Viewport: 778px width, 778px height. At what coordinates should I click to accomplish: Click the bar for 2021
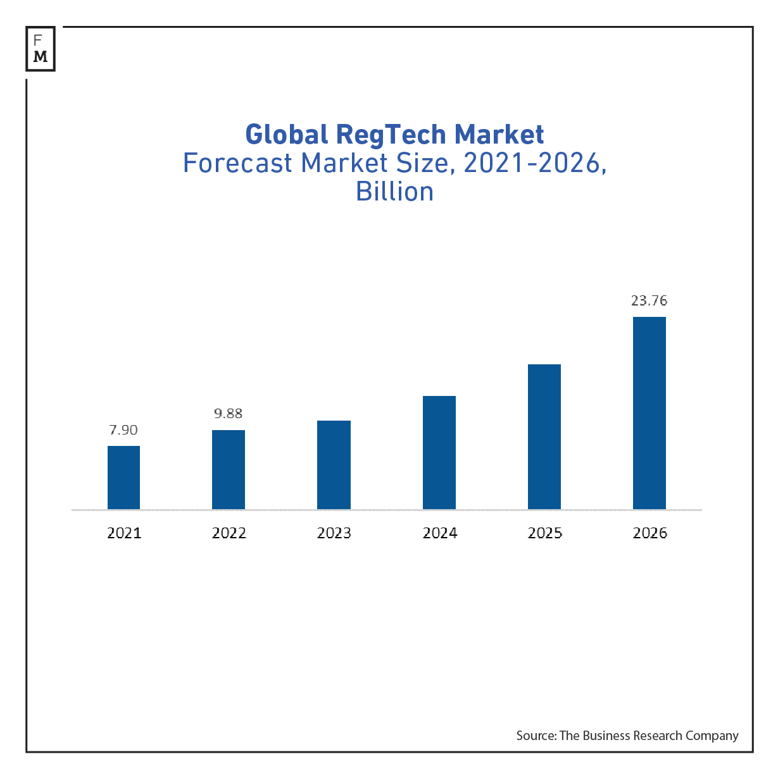pyautogui.click(x=123, y=478)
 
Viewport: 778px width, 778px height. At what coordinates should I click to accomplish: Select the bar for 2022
pyautogui.click(x=229, y=469)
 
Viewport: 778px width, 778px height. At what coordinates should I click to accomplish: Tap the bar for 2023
pyautogui.click(x=334, y=465)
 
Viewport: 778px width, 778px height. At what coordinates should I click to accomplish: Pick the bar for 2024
pyautogui.click(x=439, y=452)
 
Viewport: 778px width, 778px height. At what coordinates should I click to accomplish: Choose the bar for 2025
pyautogui.click(x=544, y=436)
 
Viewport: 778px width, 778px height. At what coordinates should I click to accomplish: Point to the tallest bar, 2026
pyautogui.click(x=649, y=413)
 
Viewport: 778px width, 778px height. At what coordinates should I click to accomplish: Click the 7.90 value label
pyautogui.click(x=123, y=430)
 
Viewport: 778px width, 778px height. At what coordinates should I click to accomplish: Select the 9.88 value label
pyautogui.click(x=229, y=414)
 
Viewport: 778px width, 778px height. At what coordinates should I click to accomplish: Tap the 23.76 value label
pyautogui.click(x=649, y=300)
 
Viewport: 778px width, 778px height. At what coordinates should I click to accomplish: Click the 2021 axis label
pyautogui.click(x=124, y=533)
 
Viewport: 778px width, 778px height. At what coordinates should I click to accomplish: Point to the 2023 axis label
pyautogui.click(x=334, y=533)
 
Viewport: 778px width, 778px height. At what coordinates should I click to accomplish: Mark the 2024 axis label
pyautogui.click(x=440, y=533)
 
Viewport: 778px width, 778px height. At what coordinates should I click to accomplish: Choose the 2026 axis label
pyautogui.click(x=650, y=533)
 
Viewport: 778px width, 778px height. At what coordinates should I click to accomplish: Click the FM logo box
pyautogui.click(x=41, y=49)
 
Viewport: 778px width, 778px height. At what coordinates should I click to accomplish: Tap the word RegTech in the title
pyautogui.click(x=392, y=135)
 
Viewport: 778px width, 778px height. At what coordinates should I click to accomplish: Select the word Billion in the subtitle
pyautogui.click(x=395, y=192)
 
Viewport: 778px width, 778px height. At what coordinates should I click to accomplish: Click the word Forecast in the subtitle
pyautogui.click(x=237, y=163)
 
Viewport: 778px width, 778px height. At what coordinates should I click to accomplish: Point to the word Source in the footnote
pyautogui.click(x=536, y=736)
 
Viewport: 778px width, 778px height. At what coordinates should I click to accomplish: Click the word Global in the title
pyautogui.click(x=286, y=135)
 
